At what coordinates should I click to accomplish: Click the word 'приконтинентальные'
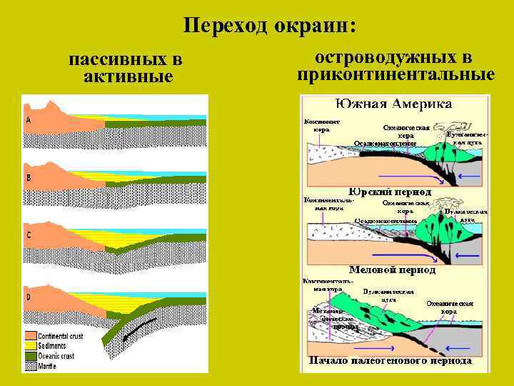[x=396, y=74]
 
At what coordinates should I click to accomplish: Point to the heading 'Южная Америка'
[x=395, y=104]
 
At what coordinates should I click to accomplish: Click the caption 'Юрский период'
[x=390, y=192]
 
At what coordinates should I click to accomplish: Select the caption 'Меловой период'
[x=392, y=270]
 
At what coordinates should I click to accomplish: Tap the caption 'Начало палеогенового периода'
[x=390, y=361]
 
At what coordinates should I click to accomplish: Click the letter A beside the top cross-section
[x=28, y=120]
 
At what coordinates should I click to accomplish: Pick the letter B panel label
[x=28, y=177]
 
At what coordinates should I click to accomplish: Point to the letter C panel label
[x=28, y=234]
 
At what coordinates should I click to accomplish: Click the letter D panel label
[x=28, y=296]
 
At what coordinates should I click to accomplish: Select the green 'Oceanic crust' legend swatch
[x=31, y=356]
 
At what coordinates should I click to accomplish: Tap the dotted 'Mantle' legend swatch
[x=31, y=366]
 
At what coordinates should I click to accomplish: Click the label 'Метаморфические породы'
[x=326, y=319]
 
